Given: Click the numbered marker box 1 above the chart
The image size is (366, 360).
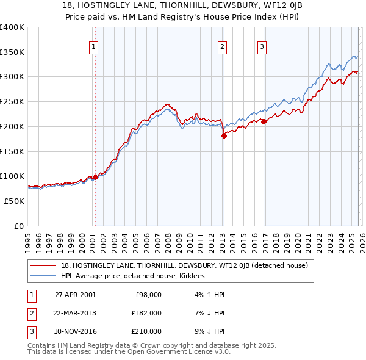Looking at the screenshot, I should (x=95, y=46).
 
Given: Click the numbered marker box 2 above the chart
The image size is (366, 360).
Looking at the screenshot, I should (x=223, y=46).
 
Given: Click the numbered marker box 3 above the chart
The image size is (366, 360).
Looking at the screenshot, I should (x=262, y=46).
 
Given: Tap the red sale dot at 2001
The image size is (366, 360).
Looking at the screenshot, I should (x=95, y=178).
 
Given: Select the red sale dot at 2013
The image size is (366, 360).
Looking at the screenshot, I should (x=223, y=135).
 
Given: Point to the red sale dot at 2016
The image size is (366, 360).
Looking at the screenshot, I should (x=264, y=122).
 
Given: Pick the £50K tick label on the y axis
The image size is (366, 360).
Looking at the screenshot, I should (x=14, y=201).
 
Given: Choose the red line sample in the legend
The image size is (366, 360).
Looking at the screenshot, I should (x=43, y=265).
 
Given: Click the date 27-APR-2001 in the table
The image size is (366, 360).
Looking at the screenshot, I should (x=75, y=295).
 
